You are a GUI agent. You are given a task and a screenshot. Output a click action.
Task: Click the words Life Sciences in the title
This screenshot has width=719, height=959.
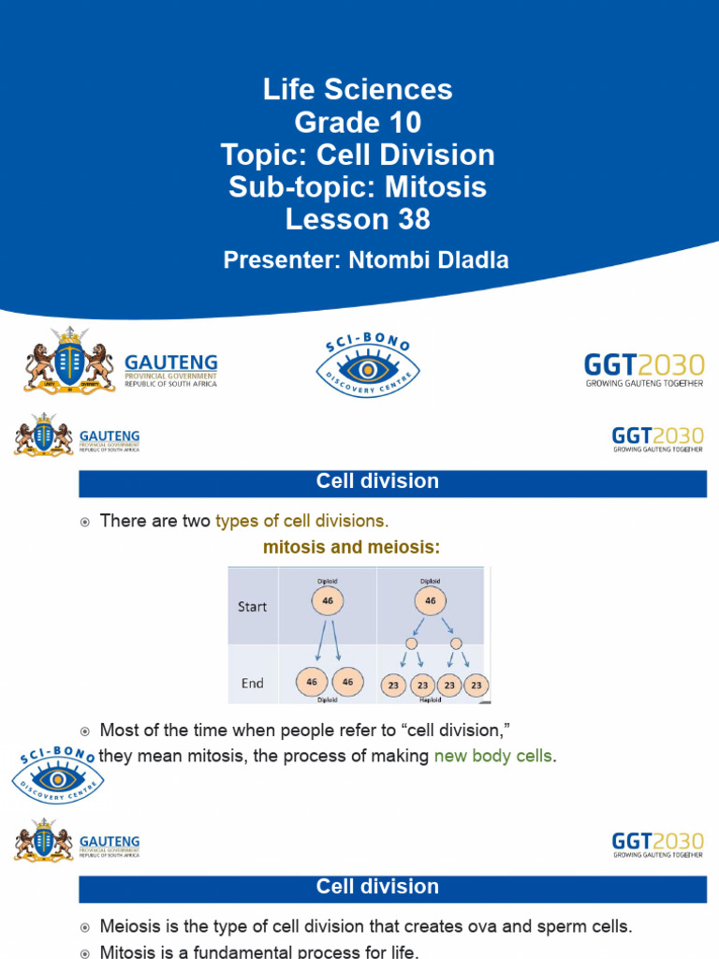coord(358,90)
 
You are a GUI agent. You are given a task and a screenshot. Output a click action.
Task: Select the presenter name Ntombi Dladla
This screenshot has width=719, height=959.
coord(421,260)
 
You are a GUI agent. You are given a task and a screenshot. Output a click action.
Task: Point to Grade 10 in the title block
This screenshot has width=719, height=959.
coord(358,122)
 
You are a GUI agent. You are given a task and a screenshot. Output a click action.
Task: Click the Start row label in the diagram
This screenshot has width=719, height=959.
coord(252,607)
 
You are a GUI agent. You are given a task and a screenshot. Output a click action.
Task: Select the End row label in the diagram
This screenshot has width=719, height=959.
coord(252,684)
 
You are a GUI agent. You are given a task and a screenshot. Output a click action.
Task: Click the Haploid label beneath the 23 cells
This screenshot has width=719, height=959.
coord(431,699)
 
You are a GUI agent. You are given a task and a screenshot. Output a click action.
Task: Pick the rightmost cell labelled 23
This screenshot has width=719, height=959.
coord(476,685)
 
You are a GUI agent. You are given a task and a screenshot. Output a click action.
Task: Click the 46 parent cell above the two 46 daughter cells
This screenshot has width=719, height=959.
coord(327,600)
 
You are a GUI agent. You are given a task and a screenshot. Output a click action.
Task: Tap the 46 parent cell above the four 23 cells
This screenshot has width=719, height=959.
coord(431,600)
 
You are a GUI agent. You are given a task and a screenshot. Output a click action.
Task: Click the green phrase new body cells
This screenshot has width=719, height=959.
coord(493,756)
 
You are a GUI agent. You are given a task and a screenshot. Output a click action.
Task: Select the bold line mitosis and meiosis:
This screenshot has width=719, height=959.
coord(350,548)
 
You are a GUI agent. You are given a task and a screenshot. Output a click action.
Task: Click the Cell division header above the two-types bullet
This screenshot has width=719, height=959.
coord(377,482)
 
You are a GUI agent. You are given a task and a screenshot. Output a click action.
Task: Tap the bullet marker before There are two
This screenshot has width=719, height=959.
coord(84,522)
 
